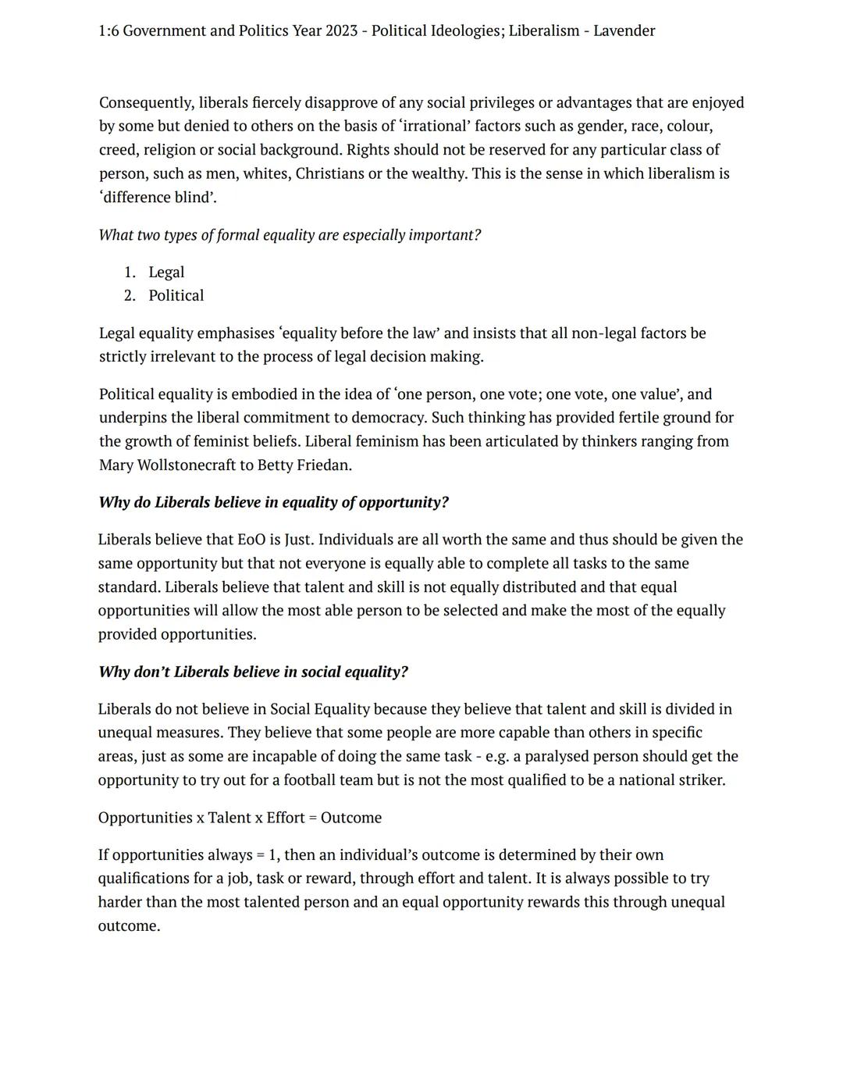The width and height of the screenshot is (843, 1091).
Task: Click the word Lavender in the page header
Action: (x=624, y=30)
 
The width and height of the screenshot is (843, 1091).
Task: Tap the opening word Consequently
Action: (x=146, y=102)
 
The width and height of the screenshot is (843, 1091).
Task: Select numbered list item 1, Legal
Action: (x=166, y=272)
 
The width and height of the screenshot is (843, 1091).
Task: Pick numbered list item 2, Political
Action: (x=176, y=295)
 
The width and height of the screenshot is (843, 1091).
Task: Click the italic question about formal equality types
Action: (x=290, y=235)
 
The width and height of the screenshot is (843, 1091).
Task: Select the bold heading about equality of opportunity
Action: (x=273, y=502)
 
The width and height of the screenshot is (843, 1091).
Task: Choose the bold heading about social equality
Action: (x=253, y=672)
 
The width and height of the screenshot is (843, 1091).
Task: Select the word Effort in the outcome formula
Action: (x=285, y=818)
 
